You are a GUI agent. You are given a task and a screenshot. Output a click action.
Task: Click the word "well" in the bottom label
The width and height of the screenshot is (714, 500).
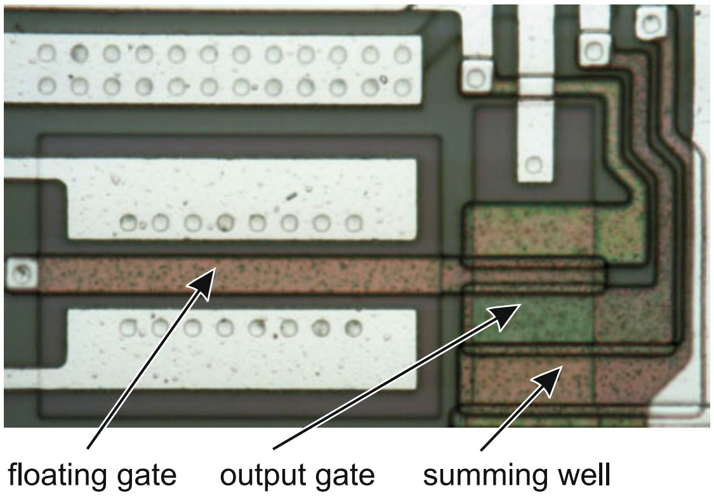click(583, 474)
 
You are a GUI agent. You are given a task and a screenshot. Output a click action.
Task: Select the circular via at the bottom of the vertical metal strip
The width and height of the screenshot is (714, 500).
click(534, 164)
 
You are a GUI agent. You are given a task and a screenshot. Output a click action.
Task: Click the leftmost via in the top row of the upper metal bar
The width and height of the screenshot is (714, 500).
click(46, 54)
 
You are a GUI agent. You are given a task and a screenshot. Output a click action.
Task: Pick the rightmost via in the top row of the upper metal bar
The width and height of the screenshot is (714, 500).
click(403, 55)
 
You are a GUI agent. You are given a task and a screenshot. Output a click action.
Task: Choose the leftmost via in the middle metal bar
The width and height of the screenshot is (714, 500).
click(128, 223)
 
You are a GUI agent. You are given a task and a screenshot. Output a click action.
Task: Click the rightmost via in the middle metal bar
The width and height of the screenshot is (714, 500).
click(354, 223)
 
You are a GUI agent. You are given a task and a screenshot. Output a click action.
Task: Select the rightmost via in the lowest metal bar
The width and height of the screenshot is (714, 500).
click(354, 327)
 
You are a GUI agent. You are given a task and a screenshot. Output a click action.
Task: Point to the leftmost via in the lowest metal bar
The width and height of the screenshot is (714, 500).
click(128, 327)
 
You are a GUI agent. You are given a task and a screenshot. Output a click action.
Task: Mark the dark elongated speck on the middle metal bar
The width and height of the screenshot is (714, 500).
click(291, 196)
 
